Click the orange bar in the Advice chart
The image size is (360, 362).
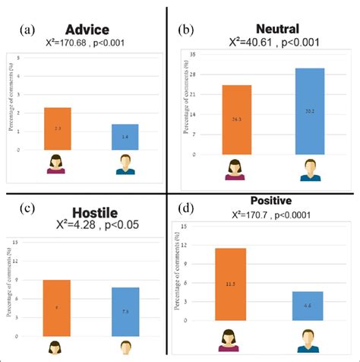click(58, 129)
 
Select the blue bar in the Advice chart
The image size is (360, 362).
click(126, 137)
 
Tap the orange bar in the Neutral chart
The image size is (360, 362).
click(236, 119)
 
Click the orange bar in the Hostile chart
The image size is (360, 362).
click(58, 307)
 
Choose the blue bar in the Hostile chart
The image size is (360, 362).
click(126, 311)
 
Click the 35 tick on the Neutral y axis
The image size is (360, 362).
click(194, 55)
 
